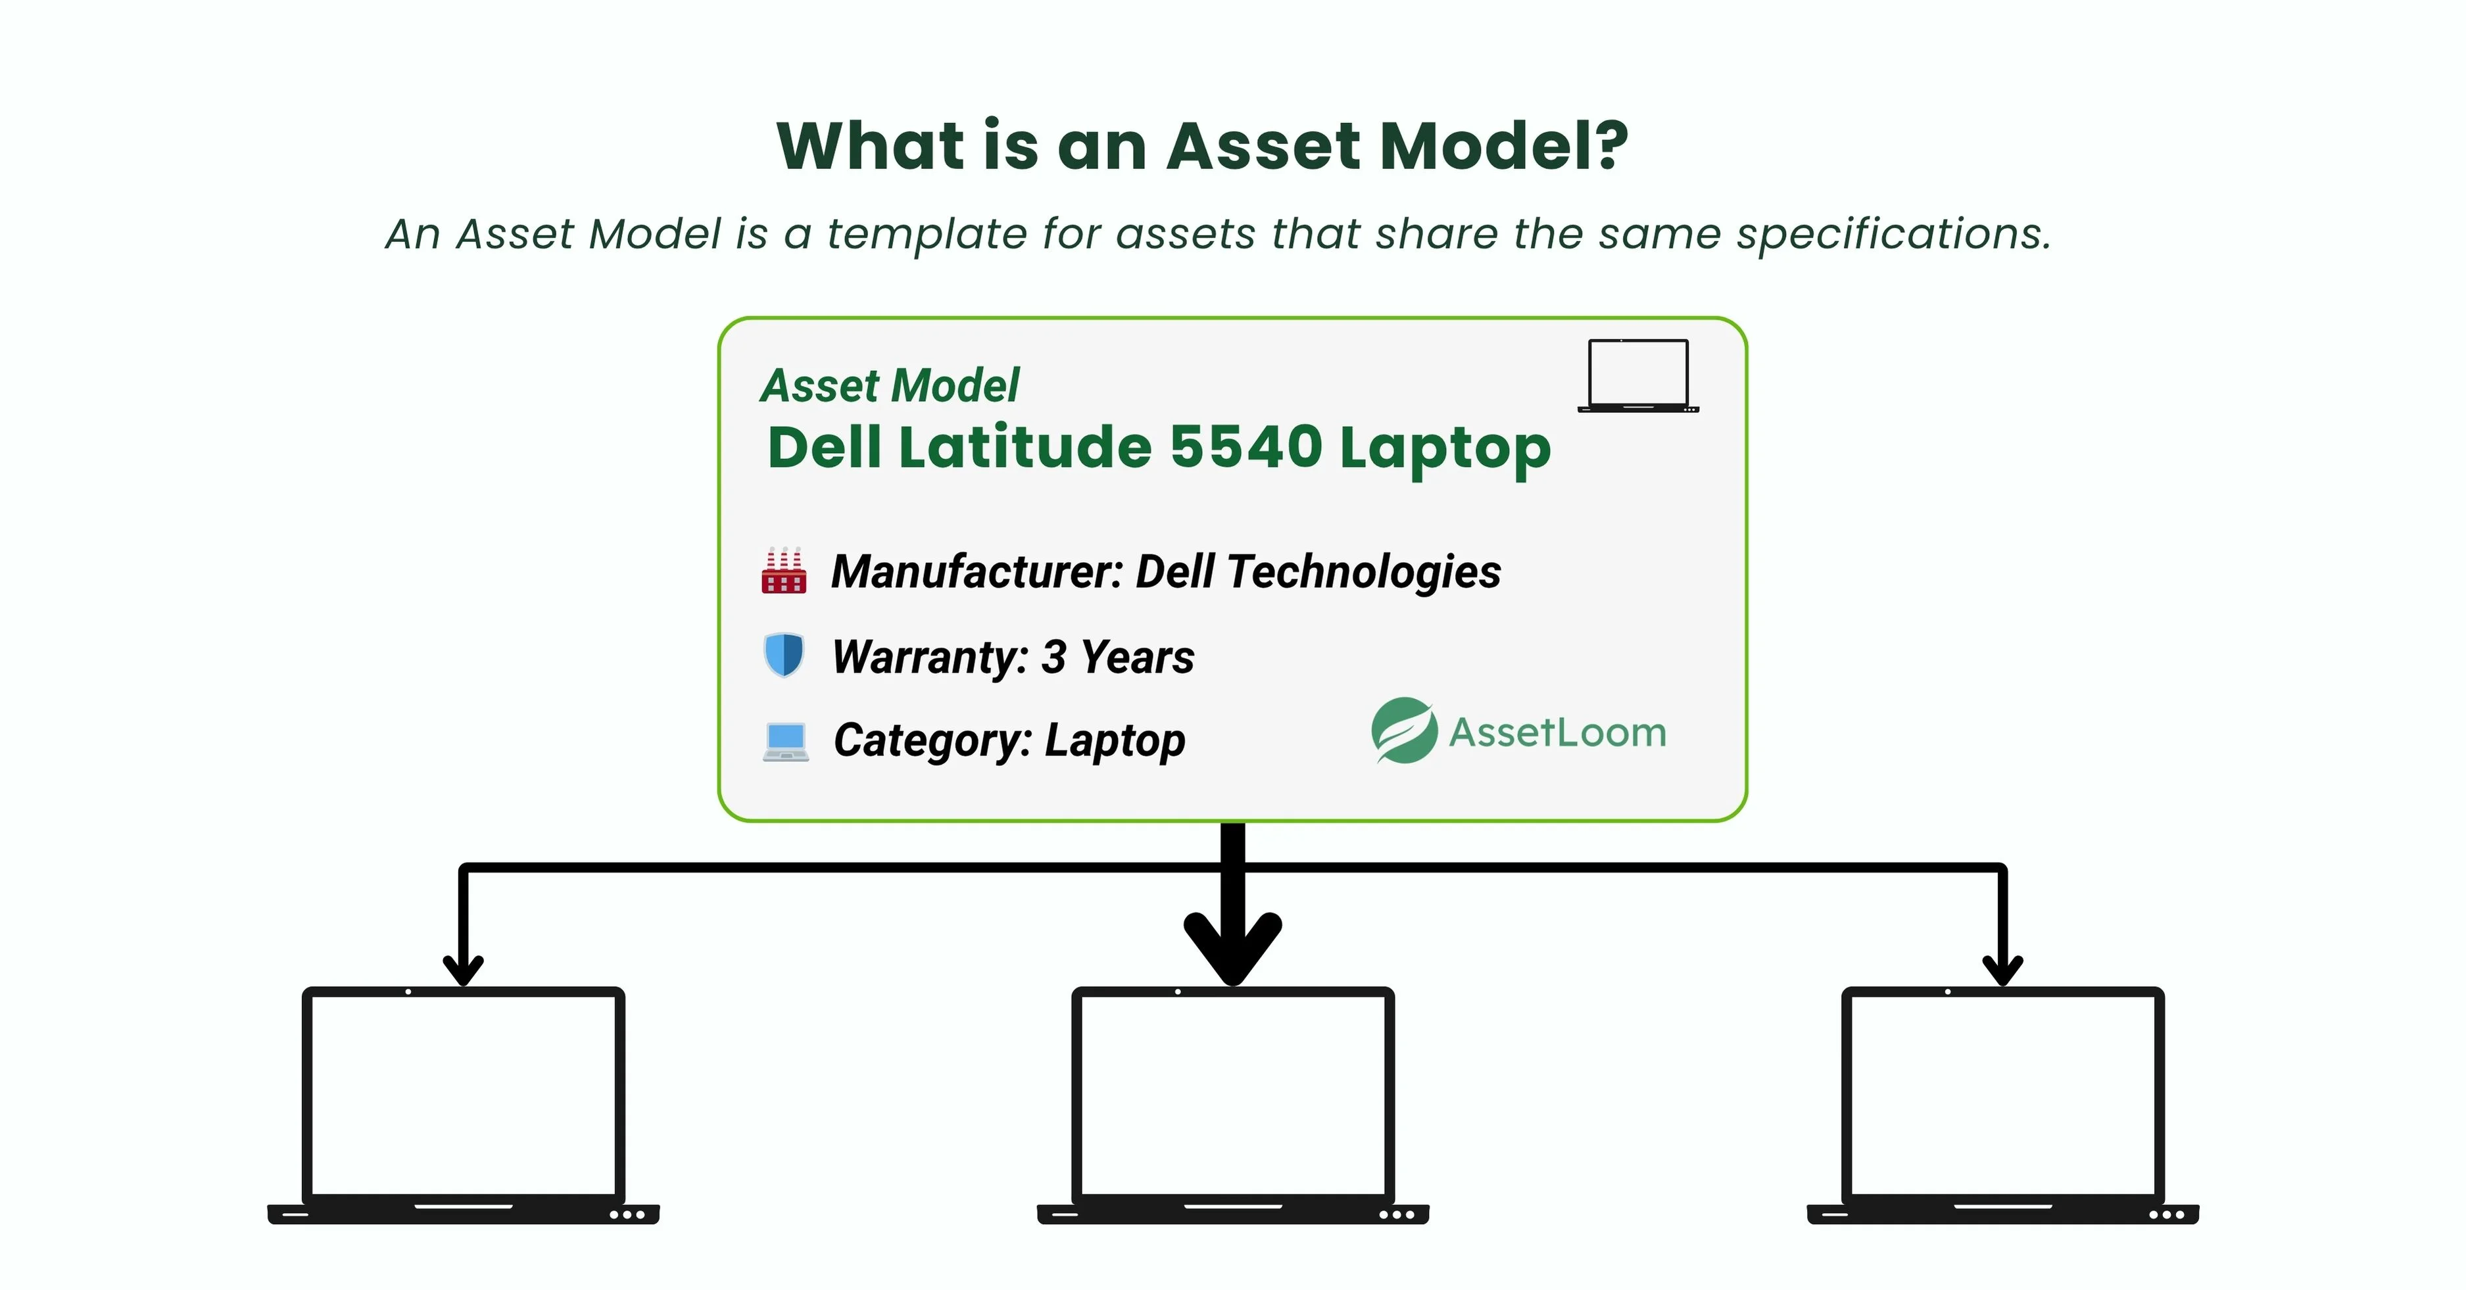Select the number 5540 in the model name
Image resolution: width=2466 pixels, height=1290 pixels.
coord(1245,447)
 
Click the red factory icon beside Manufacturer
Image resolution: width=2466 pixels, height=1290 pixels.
coord(783,571)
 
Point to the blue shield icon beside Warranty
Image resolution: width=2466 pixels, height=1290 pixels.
coord(783,656)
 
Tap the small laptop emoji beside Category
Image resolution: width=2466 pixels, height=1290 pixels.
coord(785,742)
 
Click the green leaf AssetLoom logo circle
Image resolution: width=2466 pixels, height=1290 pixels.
coord(1403,730)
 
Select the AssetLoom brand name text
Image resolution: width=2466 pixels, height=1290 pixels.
coord(1557,733)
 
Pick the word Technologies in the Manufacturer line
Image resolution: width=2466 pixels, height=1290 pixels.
coord(1363,572)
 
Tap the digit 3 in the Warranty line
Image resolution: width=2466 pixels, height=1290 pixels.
coord(1053,657)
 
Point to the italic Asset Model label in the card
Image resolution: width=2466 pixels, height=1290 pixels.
coord(890,386)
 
